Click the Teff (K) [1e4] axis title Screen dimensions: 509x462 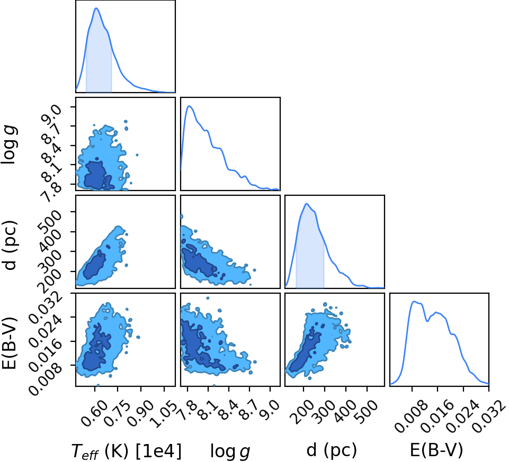126,451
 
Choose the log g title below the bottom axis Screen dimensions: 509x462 230,451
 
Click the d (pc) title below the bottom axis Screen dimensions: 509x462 332,450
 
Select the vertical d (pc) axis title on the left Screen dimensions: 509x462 9,244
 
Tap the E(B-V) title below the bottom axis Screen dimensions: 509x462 436,450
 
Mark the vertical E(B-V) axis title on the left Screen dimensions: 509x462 9,343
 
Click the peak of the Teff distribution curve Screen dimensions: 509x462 96,8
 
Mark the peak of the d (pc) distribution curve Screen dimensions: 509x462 307,204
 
